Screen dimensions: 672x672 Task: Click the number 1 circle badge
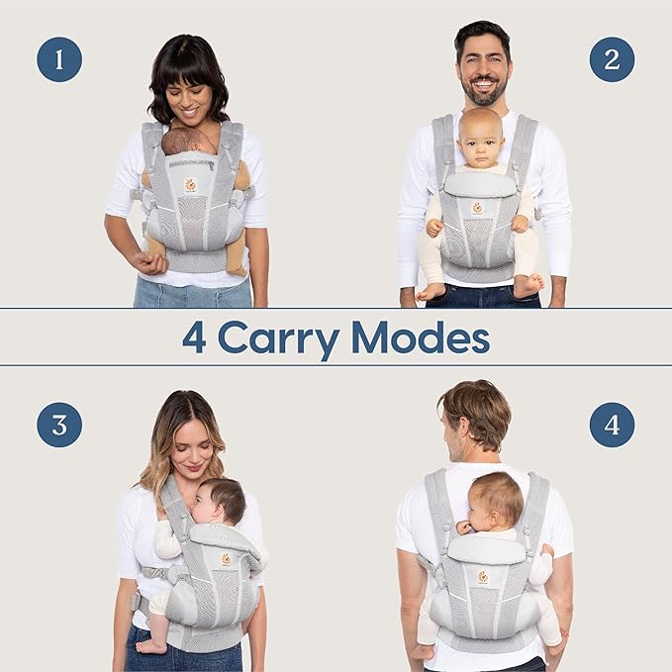tap(59, 59)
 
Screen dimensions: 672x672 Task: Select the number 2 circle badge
tap(612, 59)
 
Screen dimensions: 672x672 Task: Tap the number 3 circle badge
tap(59, 425)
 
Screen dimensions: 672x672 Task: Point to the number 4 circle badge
tap(612, 425)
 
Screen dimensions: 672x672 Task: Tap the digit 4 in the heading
tap(193, 337)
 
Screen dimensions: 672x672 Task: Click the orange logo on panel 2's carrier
tap(477, 208)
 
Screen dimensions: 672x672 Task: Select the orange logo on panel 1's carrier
tap(190, 185)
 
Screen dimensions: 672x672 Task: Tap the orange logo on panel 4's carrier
tap(483, 577)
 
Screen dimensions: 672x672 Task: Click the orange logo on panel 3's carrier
tap(226, 559)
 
